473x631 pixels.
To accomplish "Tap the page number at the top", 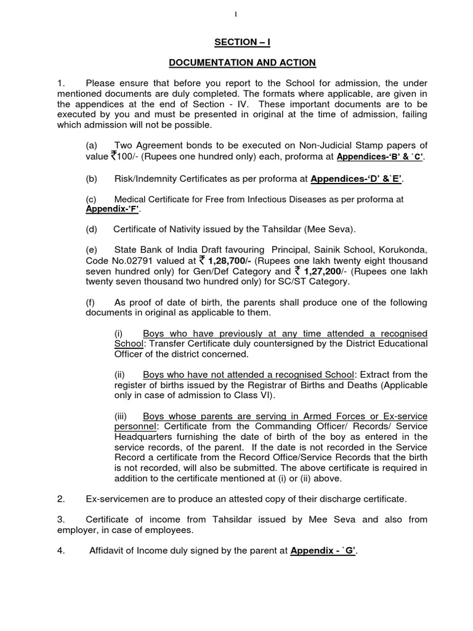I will click(x=236, y=11).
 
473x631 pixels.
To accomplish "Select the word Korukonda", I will click(x=405, y=250).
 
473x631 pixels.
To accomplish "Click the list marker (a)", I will click(x=92, y=145).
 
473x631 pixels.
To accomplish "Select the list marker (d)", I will click(x=92, y=229).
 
